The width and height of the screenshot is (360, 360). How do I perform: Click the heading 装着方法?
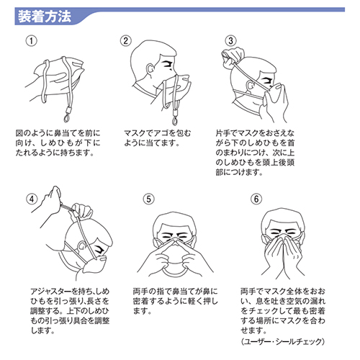point(43,14)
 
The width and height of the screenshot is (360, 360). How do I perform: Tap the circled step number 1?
point(30,41)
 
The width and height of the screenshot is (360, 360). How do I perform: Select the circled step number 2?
point(126,41)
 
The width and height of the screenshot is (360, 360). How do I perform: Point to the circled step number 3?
point(231,41)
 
